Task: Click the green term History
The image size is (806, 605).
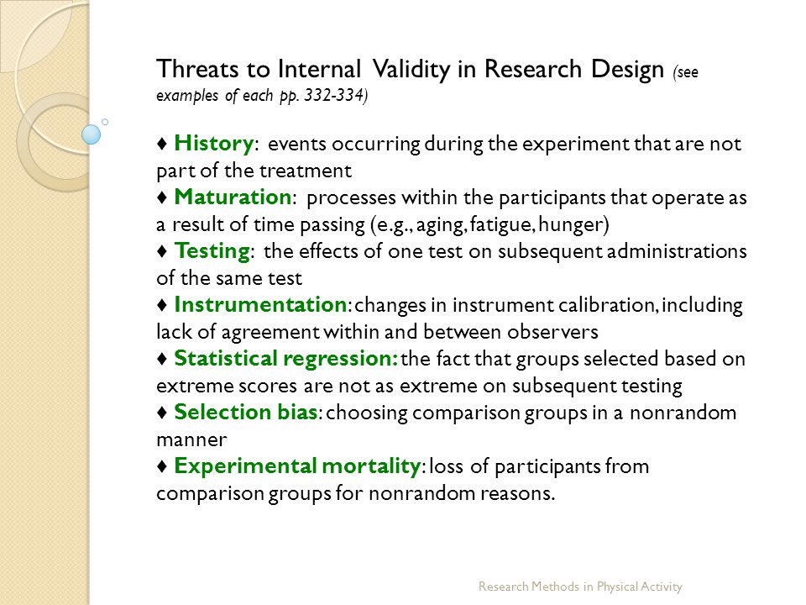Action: (x=214, y=144)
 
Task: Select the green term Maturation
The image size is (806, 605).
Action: (x=233, y=197)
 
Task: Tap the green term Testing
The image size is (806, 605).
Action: (x=212, y=251)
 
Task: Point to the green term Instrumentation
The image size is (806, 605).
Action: (x=260, y=304)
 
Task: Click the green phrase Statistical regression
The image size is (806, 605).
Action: (x=285, y=359)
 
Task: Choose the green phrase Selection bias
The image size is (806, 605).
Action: (x=246, y=412)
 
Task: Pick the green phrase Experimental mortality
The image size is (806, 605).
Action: (x=297, y=466)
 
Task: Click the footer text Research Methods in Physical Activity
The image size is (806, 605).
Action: (x=580, y=587)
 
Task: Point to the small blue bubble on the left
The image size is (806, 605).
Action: (x=92, y=134)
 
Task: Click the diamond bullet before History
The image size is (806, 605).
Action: (x=162, y=144)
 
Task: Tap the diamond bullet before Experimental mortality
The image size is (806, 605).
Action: (x=162, y=466)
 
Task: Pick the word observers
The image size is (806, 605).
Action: (x=552, y=332)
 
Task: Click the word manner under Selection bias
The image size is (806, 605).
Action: (x=191, y=440)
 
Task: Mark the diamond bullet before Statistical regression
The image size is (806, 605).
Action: (x=162, y=359)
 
